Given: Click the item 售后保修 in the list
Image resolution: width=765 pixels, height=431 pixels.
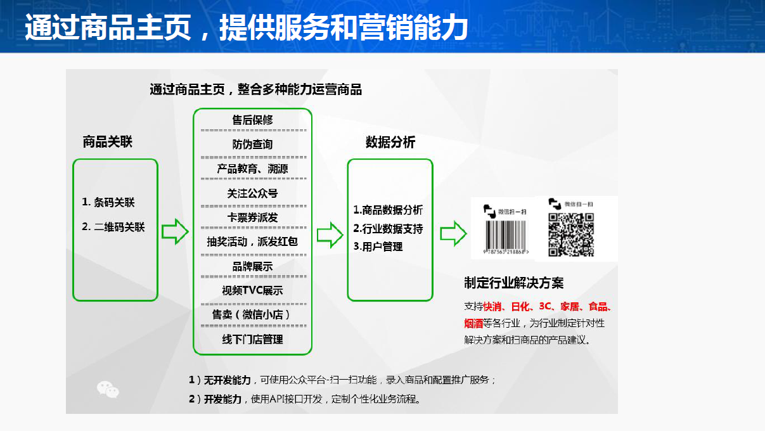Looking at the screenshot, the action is coord(252,120).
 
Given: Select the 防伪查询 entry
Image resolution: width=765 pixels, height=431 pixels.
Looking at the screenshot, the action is coord(252,145).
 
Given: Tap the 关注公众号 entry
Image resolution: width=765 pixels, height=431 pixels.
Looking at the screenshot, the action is coord(252,193).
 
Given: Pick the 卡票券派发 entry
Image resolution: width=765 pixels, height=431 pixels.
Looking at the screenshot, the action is coord(252,217).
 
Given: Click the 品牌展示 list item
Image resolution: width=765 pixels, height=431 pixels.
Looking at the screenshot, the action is coord(252,266).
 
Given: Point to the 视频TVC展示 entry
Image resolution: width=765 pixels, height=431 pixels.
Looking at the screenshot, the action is coord(252,290).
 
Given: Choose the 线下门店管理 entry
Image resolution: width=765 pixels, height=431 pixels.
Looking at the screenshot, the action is coord(252,339).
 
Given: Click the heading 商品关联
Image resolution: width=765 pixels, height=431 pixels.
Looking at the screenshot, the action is coord(107,141).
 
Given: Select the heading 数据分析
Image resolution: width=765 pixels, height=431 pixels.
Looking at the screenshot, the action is coord(390,142).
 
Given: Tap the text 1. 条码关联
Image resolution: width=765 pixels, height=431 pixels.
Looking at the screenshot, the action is coord(108,203).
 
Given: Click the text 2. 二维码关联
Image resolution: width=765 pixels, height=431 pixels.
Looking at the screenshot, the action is coord(113,227).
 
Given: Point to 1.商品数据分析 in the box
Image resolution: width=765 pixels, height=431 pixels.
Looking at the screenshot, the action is coord(388,210).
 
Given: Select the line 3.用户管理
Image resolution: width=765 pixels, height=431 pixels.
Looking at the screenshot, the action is coord(378,247).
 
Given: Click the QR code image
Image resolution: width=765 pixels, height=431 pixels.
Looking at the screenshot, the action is coord(571,235).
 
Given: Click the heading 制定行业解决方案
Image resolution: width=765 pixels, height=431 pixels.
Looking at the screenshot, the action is coord(513,283).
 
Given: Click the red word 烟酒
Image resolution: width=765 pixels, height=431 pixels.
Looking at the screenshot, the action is coord(473,323).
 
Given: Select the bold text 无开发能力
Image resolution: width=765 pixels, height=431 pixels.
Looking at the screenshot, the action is coord(228,380).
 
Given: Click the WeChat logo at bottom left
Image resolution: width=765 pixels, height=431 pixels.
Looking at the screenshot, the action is coord(108,389).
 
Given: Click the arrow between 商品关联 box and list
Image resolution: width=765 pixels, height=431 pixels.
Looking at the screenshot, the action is coord(175,231).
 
